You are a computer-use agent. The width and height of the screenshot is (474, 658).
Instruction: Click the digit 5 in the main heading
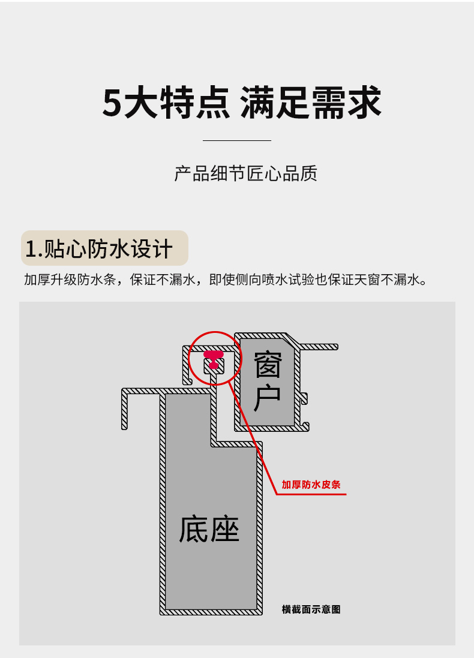[113, 103]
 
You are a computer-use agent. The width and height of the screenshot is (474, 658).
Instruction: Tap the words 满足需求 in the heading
[311, 103]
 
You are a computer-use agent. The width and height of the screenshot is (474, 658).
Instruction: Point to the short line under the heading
[237, 140]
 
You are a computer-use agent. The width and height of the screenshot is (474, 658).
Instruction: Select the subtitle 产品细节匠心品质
[245, 174]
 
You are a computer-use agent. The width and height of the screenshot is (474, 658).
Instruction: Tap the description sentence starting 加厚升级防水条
[226, 280]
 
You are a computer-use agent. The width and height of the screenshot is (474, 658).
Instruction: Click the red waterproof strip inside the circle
[213, 359]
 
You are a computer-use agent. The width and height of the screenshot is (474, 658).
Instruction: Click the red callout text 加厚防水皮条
[311, 485]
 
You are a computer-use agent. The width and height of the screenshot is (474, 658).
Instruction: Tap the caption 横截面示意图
[311, 609]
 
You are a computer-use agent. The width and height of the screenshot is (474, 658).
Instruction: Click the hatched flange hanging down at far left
[125, 411]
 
